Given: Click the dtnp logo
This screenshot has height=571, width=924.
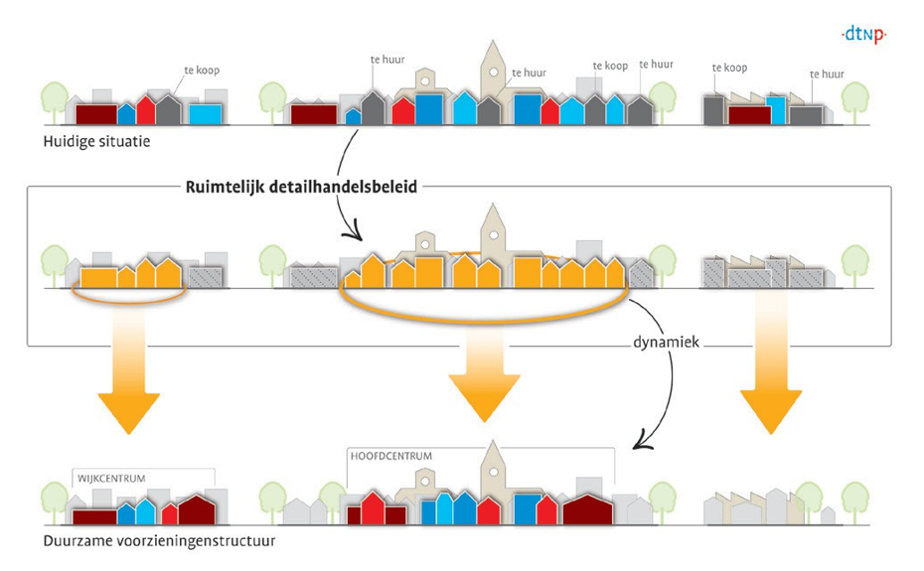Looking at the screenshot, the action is click(864, 35).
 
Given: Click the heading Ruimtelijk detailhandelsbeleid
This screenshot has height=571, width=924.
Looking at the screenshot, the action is click(301, 187).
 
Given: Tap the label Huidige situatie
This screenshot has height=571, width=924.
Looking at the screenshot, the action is click(96, 142).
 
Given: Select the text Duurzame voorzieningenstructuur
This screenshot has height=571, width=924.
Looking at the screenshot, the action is click(159, 541).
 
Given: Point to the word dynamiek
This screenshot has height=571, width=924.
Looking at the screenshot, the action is click(666, 342).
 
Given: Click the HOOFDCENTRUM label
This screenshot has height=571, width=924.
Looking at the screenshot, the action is click(391, 456).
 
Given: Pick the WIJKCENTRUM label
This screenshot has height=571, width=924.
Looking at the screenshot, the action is click(111, 479).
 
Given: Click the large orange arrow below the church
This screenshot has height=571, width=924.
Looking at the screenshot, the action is click(485, 372).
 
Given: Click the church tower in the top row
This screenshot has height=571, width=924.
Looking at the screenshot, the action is click(493, 68).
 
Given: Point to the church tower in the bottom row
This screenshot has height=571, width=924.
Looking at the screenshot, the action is click(493, 469).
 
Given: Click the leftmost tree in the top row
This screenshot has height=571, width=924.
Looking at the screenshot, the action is click(55, 102).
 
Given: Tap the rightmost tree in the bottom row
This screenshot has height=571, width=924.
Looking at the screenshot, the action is click(855, 502).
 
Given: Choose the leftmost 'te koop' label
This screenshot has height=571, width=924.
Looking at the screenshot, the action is click(202, 71).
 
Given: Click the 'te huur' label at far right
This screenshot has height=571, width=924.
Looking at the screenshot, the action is click(827, 74).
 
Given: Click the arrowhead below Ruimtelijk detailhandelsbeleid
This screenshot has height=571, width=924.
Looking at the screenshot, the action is click(354, 233).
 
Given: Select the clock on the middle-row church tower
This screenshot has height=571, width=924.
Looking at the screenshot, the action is click(494, 235).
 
